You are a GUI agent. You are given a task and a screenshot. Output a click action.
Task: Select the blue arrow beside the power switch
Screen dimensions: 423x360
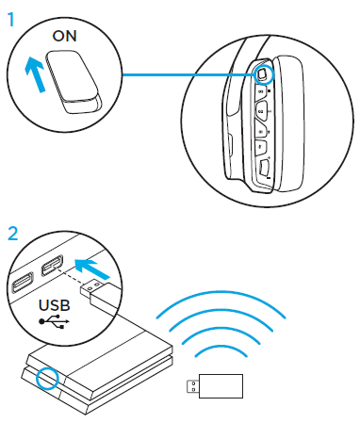34,83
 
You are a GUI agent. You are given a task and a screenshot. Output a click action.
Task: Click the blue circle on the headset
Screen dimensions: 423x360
265,72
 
